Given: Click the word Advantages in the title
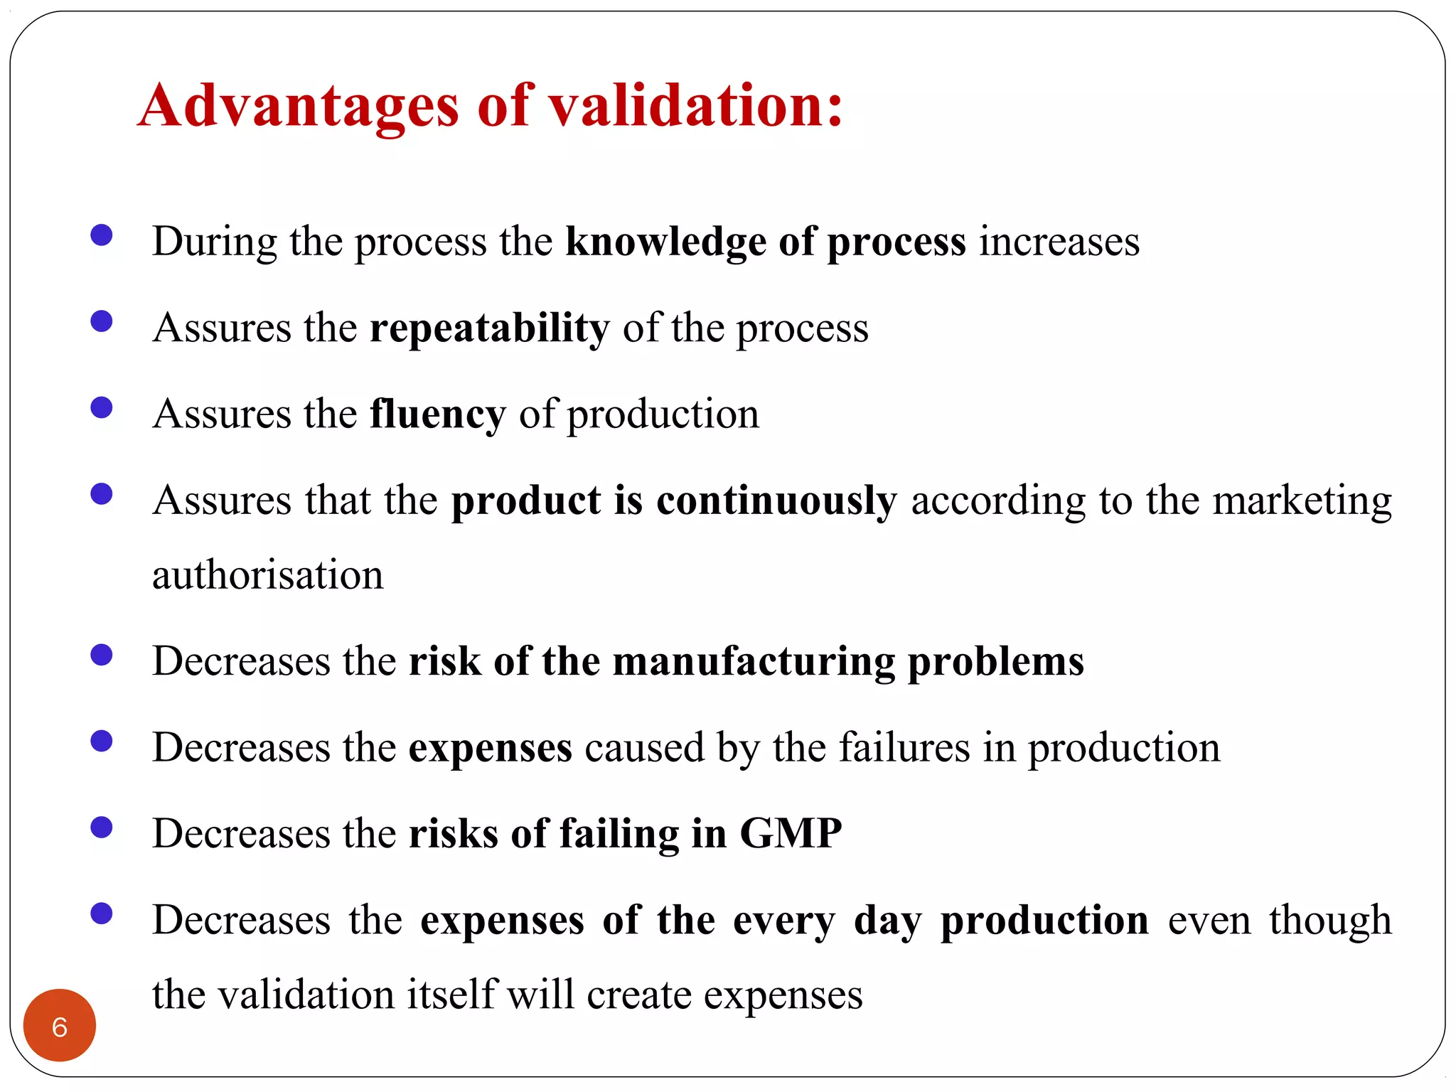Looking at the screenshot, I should coord(299,107).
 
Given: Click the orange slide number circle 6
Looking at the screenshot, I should coord(60,1026).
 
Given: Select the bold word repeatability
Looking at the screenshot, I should coord(489,328).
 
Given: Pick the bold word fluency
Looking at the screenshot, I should coord(437,414).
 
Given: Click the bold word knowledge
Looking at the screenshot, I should coord(665,242).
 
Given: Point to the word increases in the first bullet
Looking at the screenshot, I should coord(1059,242).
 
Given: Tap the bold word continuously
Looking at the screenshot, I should coord(776,500).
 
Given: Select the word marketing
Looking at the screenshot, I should coord(1302,500).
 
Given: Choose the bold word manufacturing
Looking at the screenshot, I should coord(754,661).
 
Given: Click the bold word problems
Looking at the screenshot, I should coord(996,661).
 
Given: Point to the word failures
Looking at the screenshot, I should coord(904,747).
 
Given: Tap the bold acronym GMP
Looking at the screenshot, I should coord(791,833).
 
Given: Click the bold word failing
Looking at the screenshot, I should coord(619,833).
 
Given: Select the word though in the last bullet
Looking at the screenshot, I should coord(1330,920).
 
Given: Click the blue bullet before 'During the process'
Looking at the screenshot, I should coord(102,235).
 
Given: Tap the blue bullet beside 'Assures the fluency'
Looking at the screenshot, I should coord(102,408).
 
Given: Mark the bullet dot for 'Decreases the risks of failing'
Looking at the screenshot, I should coord(102,828).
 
